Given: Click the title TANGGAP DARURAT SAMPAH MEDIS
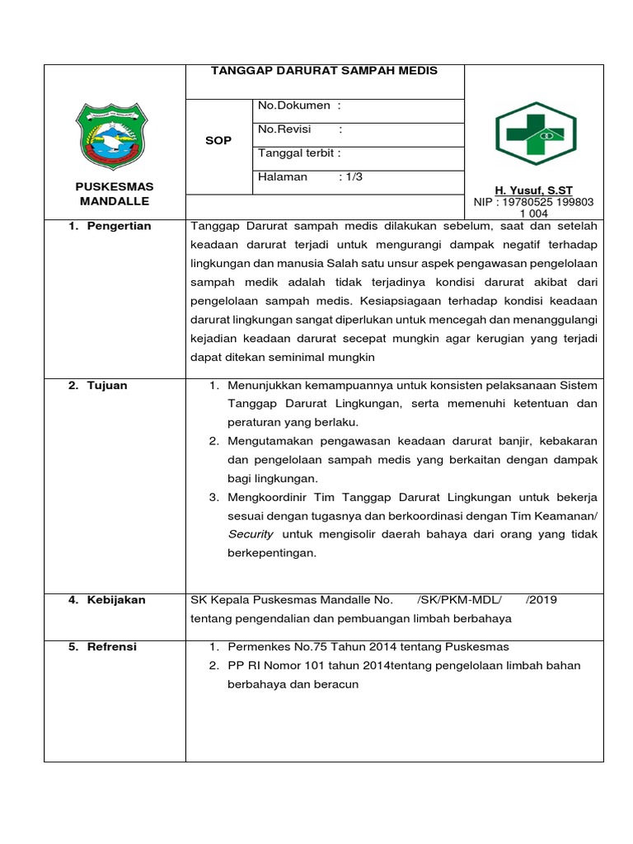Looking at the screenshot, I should click(x=325, y=71).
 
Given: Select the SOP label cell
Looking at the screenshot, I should click(x=218, y=141).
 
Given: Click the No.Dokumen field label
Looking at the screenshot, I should click(x=294, y=105).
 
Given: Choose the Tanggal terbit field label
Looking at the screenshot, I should click(x=299, y=152).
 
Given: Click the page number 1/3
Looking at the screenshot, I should click(x=354, y=176).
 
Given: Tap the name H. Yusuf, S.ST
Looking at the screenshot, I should click(x=533, y=190).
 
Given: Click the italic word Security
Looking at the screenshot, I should click(x=251, y=534).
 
